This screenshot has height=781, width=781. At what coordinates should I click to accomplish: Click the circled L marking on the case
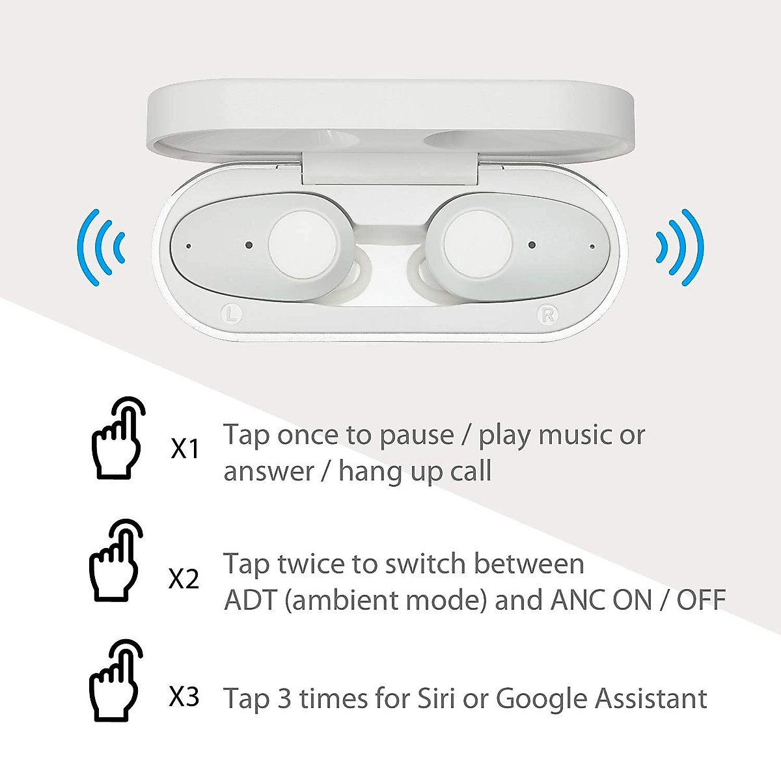click(x=232, y=313)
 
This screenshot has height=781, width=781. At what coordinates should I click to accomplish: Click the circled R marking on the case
click(x=547, y=315)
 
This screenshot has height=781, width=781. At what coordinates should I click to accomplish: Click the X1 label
click(x=185, y=449)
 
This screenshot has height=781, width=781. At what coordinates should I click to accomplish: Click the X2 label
click(x=184, y=579)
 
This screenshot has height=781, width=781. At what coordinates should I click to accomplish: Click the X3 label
click(x=184, y=698)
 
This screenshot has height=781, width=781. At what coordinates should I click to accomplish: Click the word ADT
click(x=251, y=599)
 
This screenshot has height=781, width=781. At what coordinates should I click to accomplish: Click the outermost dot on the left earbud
click(x=189, y=246)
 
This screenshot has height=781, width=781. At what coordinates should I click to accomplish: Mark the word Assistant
click(x=651, y=698)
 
